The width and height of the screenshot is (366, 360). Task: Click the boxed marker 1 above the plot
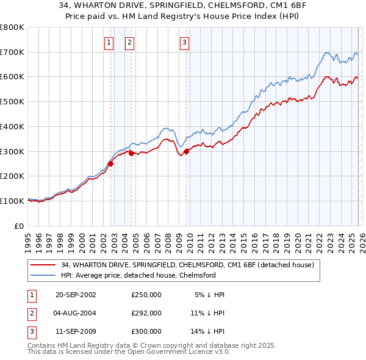109,42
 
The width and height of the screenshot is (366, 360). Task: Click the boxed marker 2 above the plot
130,42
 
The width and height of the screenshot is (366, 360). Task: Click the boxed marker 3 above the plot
184,42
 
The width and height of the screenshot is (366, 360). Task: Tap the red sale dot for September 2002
111,164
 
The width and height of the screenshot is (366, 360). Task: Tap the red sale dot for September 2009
187,151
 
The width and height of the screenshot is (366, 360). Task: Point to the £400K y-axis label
12,126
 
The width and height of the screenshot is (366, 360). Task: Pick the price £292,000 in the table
146,313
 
